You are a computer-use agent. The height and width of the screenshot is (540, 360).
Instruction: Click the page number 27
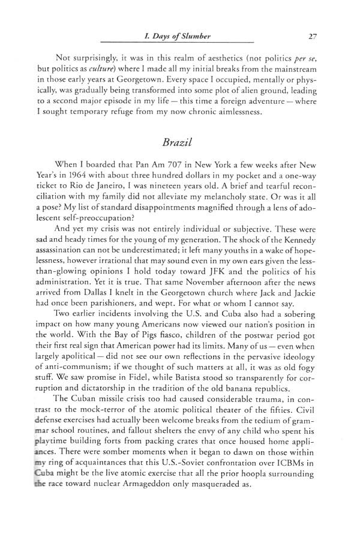[x=312, y=35]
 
